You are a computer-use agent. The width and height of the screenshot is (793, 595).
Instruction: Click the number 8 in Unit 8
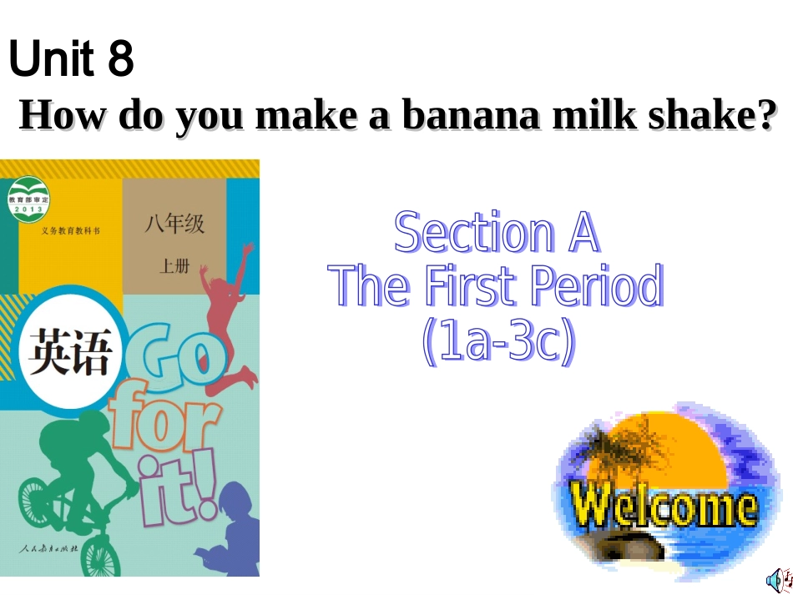tap(120, 59)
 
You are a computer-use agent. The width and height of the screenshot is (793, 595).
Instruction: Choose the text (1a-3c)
tap(498, 341)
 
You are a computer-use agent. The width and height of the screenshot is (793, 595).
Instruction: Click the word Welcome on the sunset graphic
tap(664, 506)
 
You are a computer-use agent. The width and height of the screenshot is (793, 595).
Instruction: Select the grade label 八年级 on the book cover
tap(174, 224)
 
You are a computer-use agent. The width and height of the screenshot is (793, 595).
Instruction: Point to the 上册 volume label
tap(174, 267)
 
